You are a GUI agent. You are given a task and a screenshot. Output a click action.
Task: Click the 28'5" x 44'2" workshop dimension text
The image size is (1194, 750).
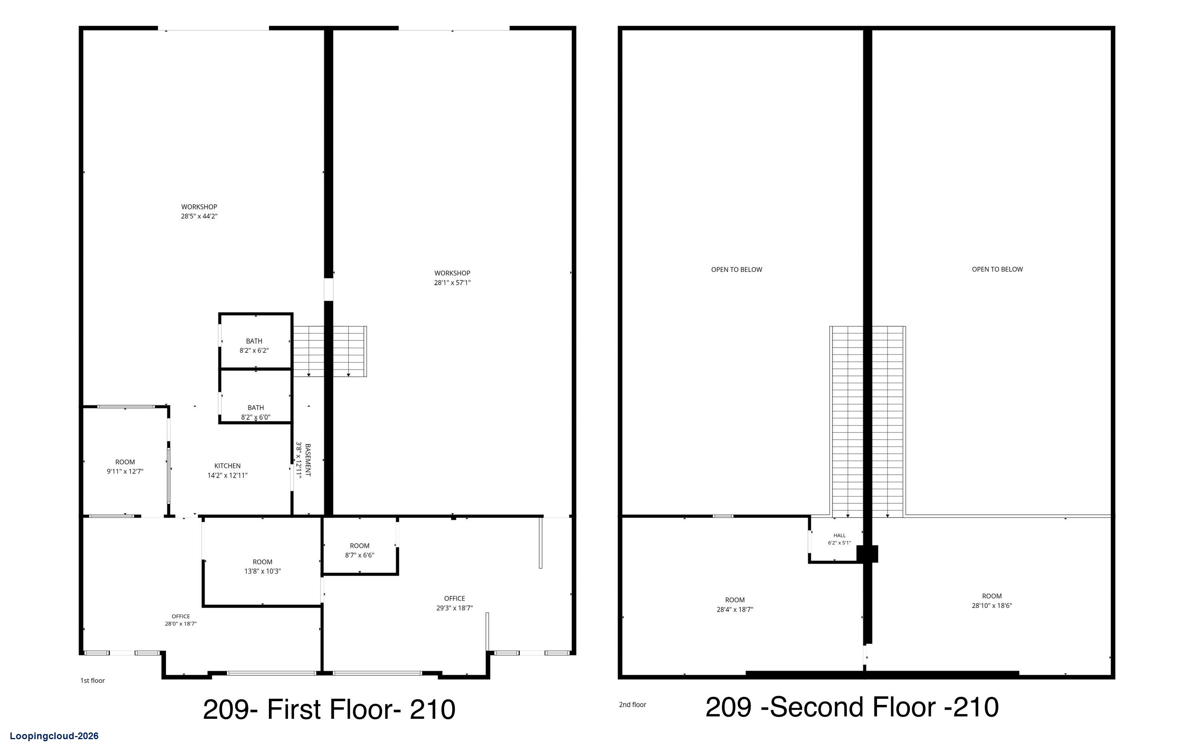coord(199,216)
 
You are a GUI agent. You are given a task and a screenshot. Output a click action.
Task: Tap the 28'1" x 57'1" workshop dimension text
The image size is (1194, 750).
coord(452,282)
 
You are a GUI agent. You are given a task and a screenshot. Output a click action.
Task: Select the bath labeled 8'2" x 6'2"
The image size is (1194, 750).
coord(254,346)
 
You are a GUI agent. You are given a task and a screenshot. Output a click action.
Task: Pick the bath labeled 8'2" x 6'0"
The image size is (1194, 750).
coord(256,412)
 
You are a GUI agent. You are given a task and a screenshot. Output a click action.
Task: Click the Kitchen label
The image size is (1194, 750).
coord(228,466)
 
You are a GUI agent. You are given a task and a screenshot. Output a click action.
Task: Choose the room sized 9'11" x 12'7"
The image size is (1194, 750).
coord(125,466)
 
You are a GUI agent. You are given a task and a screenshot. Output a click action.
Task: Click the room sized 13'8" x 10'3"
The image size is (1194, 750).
coord(262,566)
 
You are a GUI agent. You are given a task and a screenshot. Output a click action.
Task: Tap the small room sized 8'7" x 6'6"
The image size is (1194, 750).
coord(359,550)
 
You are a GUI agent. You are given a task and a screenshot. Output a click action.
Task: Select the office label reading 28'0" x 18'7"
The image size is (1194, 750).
coord(181,620)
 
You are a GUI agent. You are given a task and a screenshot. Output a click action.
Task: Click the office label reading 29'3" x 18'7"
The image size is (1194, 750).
coord(455,603)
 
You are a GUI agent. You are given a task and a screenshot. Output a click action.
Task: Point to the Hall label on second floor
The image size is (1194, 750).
coord(839,535)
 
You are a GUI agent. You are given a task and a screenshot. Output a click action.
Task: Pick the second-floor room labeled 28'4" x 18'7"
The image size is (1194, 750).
coord(735,605)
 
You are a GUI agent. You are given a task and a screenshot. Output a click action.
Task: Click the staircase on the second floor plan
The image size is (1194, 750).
coord(868,421)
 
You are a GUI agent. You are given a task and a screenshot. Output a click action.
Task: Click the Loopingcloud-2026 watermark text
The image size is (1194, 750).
coord(54,736)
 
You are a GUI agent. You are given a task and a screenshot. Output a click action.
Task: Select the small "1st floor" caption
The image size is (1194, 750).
coord(93,681)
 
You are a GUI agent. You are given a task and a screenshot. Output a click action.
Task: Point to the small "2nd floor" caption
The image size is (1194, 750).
coord(633,704)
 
